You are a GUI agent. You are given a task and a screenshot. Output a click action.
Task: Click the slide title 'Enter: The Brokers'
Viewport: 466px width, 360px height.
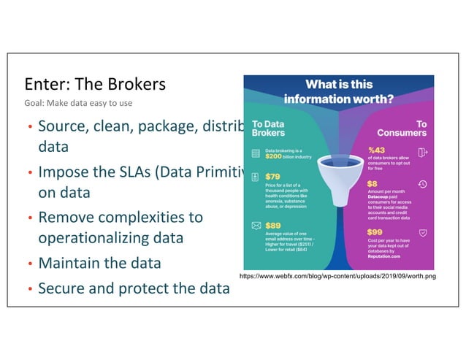click(x=95, y=85)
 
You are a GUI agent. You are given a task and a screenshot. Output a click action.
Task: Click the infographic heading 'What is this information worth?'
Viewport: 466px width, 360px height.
click(x=338, y=91)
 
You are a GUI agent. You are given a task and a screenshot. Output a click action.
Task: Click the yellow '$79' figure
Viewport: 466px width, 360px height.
click(x=272, y=176)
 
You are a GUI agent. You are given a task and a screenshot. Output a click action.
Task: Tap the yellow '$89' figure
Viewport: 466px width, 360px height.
click(x=272, y=226)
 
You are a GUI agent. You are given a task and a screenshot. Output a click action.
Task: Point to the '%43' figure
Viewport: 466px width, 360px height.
click(x=377, y=149)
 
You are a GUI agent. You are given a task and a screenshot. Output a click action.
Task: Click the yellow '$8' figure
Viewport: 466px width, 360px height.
click(x=372, y=184)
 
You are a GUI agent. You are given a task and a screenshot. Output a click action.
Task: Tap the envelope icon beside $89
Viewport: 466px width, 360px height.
click(x=255, y=226)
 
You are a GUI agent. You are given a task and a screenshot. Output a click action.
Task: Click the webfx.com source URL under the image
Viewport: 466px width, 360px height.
click(x=337, y=277)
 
